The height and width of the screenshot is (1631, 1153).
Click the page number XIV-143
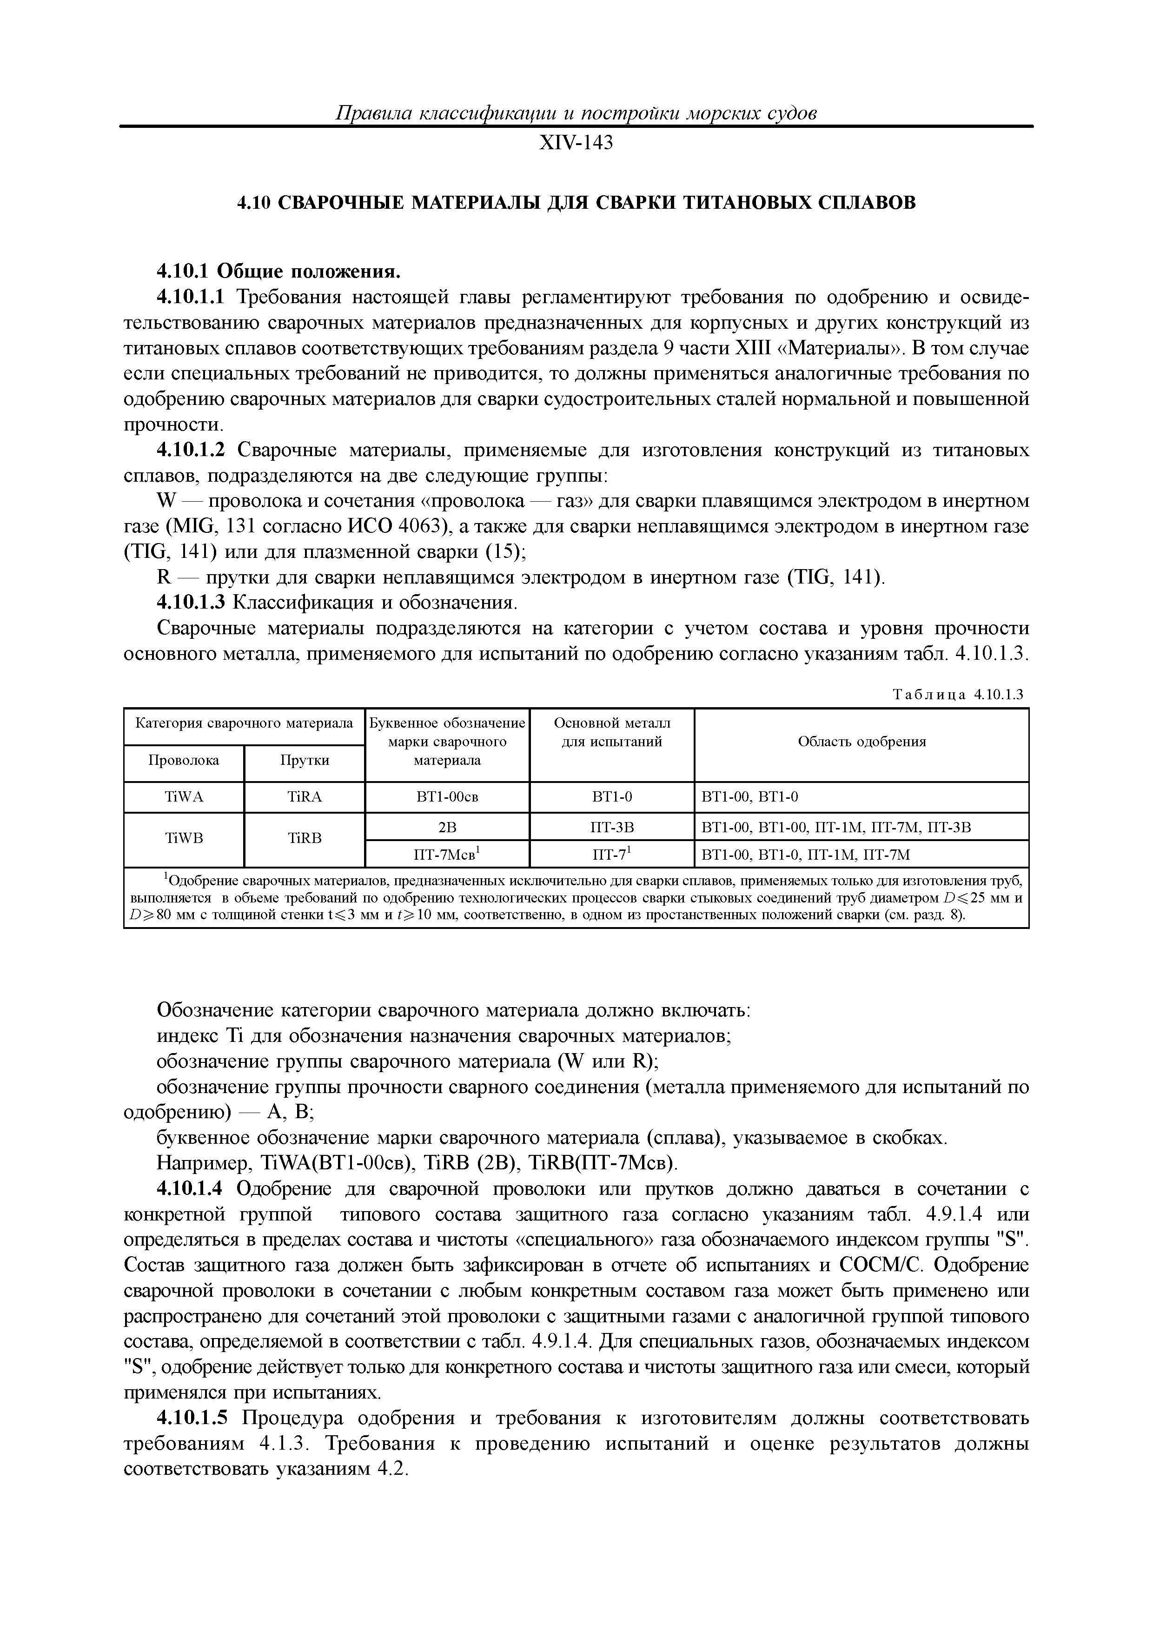pos(576,144)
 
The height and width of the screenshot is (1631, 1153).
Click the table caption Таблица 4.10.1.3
pos(958,694)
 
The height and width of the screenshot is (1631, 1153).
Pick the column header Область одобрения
pos(862,742)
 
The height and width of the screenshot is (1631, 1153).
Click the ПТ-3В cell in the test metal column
pos(612,827)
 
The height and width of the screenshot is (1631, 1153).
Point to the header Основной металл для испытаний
pos(612,732)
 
